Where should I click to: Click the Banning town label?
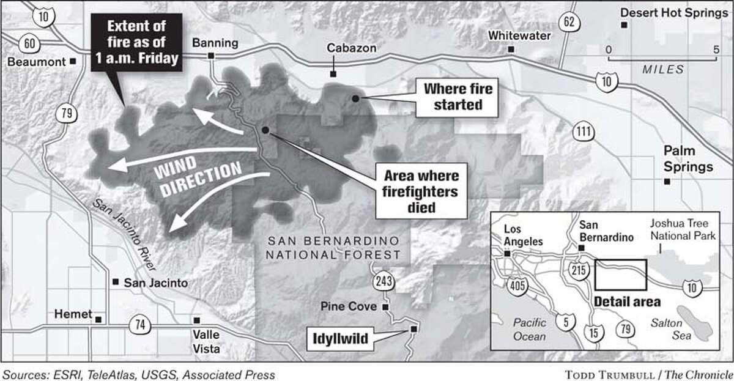(x=211, y=42)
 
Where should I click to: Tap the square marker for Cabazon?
(x=333, y=74)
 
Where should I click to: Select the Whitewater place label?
(x=519, y=35)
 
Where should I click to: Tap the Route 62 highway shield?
(x=569, y=23)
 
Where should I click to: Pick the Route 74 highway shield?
(x=140, y=325)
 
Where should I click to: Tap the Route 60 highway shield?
(x=29, y=43)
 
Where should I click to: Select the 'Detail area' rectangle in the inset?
(x=621, y=275)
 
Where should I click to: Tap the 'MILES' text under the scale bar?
(x=662, y=70)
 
